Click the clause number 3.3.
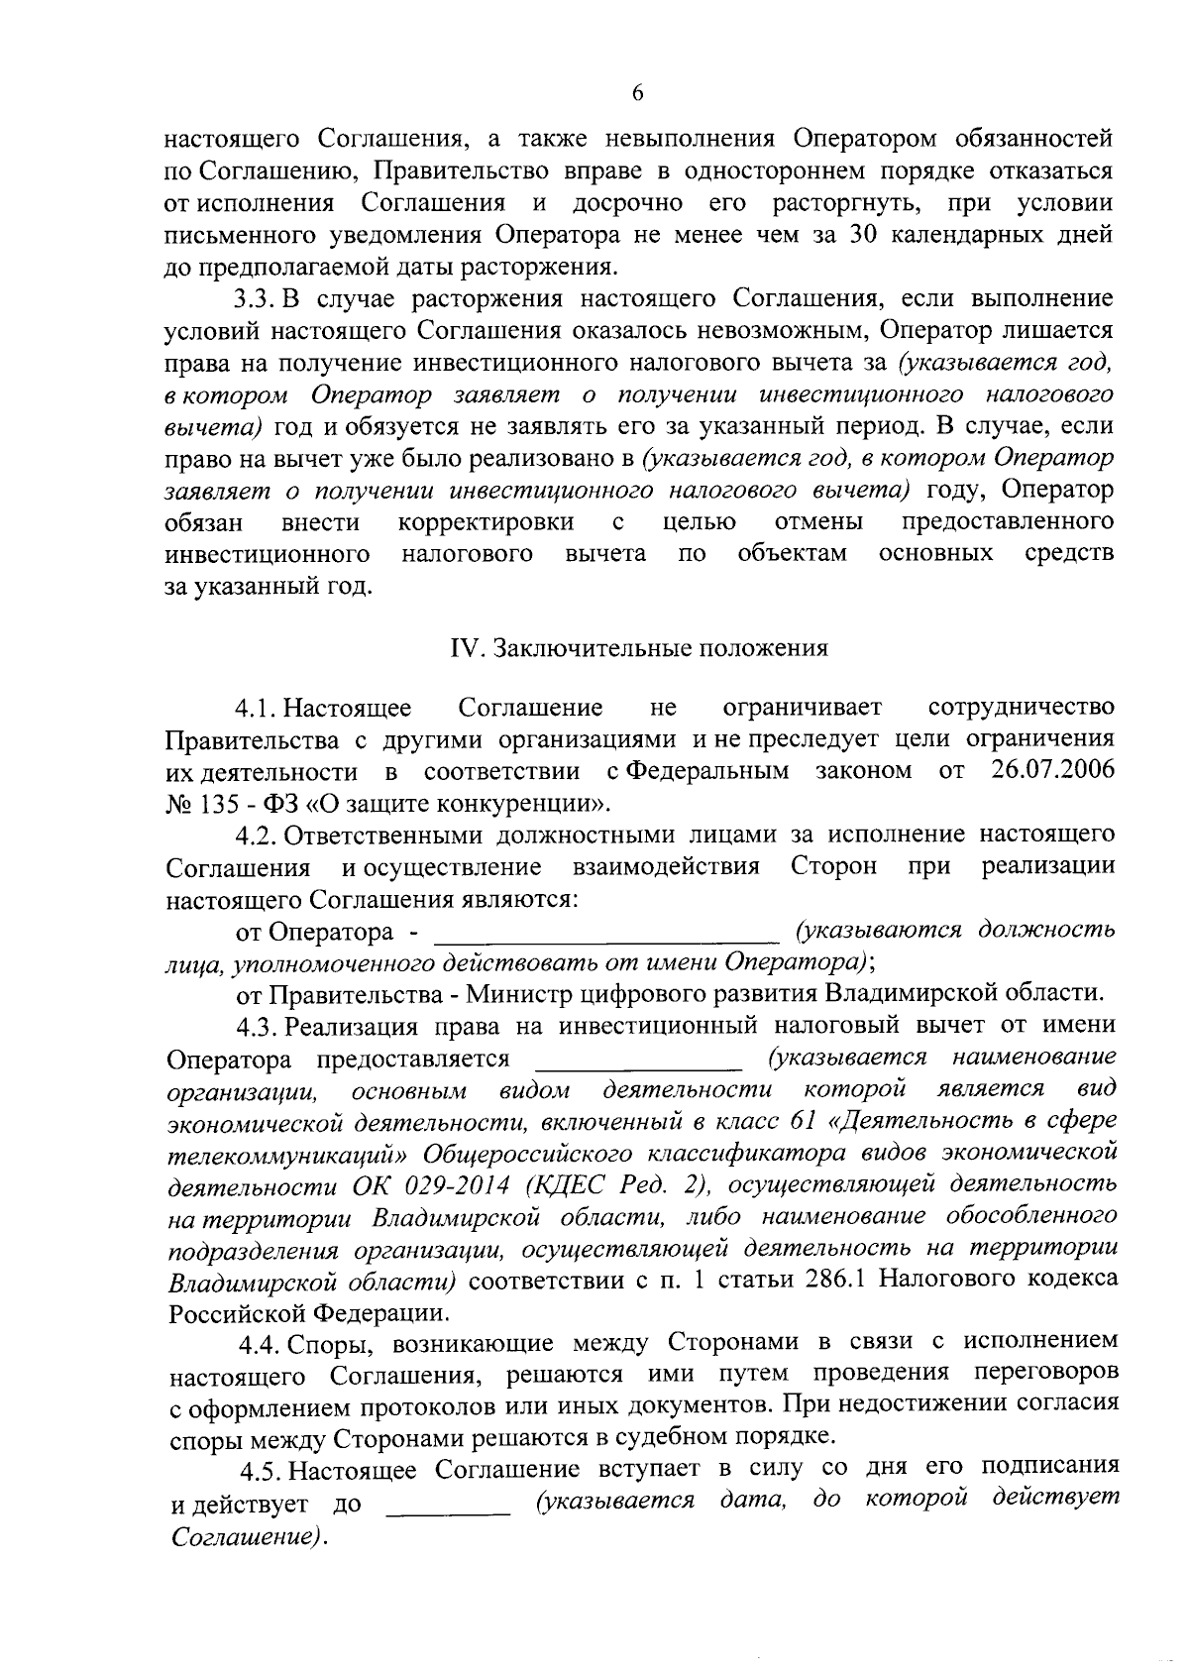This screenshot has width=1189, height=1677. [x=260, y=298]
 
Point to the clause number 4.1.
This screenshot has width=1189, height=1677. [x=258, y=708]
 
